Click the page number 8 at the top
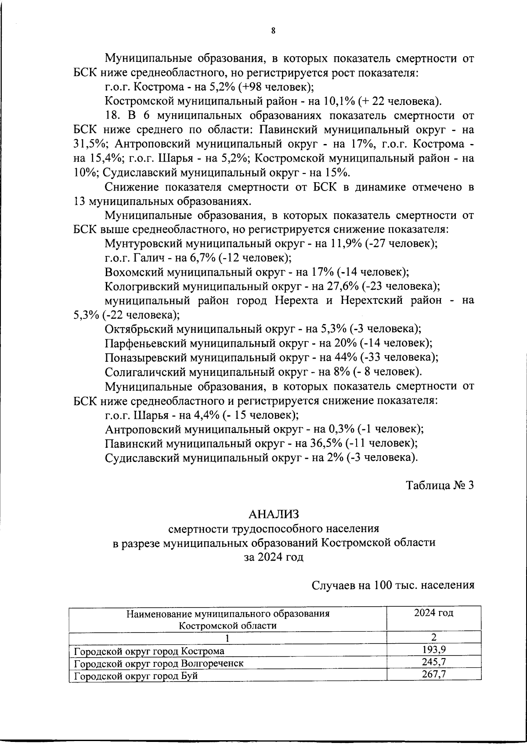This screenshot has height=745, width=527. pos(273,31)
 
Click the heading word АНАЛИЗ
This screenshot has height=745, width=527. pos(274,514)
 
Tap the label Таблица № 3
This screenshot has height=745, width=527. pos(440,486)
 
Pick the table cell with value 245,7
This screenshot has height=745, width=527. pos(433,662)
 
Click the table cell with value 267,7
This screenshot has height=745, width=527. pos(433,674)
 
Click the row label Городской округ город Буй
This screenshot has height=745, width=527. pos(136,676)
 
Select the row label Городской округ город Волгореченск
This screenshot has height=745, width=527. pos(159,663)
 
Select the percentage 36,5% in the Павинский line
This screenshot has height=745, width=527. pos(327,443)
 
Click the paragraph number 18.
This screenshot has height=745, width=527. pos(114,116)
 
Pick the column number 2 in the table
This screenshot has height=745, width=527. pos(433,637)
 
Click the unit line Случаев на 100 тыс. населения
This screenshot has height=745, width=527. pos(393,585)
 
